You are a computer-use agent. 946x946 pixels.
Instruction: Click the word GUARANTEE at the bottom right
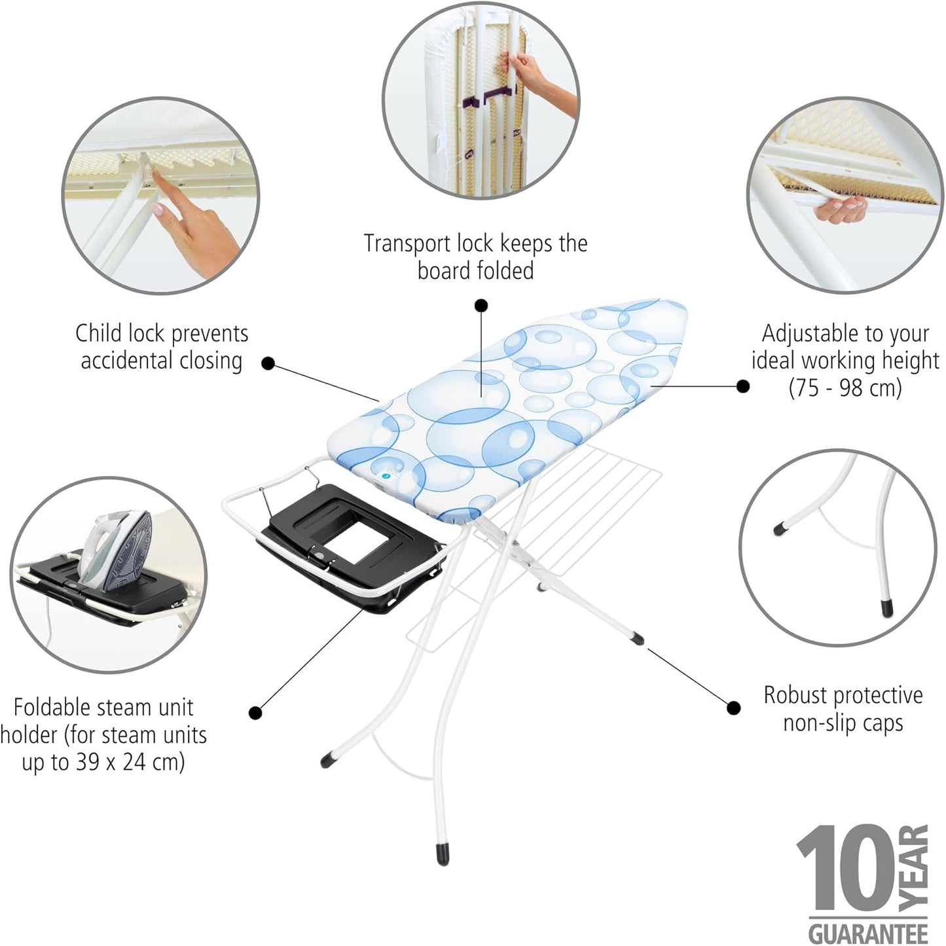[x=868, y=931]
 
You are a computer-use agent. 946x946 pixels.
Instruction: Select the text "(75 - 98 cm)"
[x=845, y=388]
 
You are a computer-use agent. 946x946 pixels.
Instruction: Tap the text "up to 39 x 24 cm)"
[x=103, y=763]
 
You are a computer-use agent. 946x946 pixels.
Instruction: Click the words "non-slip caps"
[x=843, y=723]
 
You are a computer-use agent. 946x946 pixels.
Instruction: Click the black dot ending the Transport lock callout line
[x=481, y=305]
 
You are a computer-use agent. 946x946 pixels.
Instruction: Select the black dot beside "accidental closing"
[x=268, y=363]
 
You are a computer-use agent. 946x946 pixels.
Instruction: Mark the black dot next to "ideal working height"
[x=742, y=386]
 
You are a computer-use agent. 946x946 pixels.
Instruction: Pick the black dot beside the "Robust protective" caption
[x=734, y=707]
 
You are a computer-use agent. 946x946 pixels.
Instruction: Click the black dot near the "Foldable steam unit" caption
[x=256, y=712]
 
